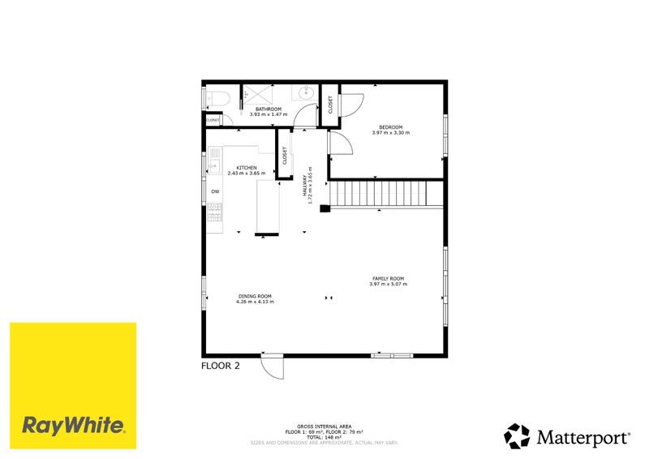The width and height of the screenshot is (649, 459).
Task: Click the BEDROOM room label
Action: point(391,127)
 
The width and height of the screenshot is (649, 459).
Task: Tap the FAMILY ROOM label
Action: point(387,278)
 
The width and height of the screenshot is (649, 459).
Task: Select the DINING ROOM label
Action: point(255,296)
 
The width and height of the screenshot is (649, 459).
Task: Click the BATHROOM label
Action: point(268,109)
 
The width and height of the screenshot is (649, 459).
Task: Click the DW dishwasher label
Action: point(216,191)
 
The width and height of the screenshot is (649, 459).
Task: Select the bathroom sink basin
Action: point(307,93)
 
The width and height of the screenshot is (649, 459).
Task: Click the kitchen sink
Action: point(214,166)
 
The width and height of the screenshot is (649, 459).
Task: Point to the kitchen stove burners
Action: point(215,212)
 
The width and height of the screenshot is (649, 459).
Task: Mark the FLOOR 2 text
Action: point(221,367)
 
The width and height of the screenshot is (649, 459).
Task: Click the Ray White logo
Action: point(73,386)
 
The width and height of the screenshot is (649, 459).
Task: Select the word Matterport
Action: point(582,437)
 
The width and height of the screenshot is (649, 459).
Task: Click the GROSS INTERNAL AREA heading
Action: point(324,426)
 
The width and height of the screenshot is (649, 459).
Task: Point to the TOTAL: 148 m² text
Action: point(324,437)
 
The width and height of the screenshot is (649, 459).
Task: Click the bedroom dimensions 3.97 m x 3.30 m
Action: point(391,133)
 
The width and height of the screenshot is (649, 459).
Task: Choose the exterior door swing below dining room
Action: point(273,367)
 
